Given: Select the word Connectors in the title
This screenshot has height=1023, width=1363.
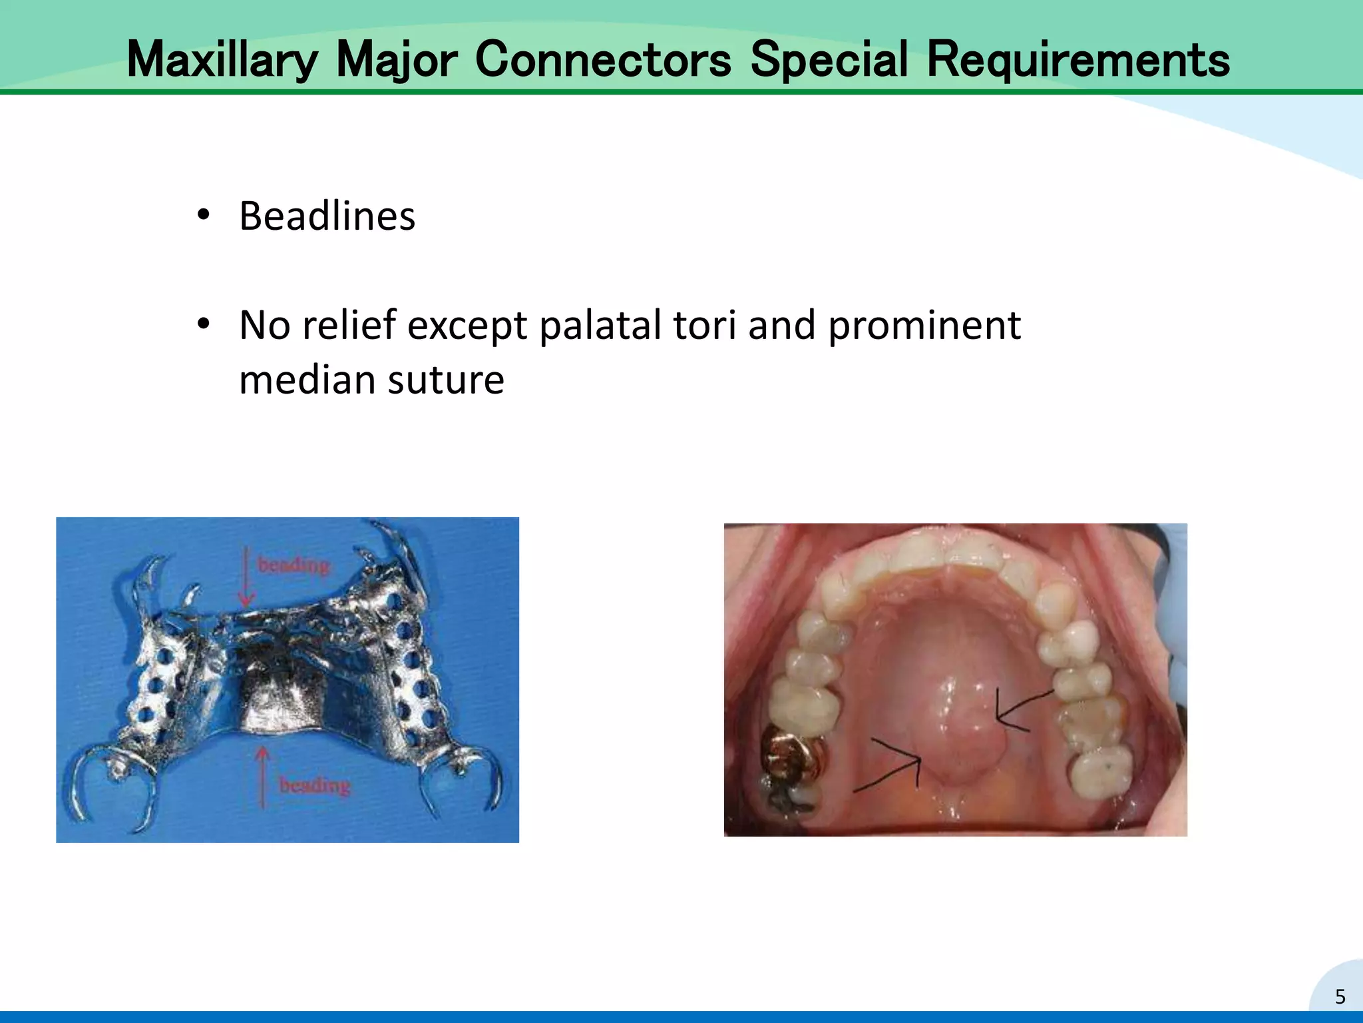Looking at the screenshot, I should [603, 60].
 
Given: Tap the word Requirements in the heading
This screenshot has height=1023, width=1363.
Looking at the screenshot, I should [1077, 60].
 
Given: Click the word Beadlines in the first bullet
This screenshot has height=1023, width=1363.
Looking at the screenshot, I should [327, 216].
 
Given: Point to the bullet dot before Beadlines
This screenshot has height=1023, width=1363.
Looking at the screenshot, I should [204, 215].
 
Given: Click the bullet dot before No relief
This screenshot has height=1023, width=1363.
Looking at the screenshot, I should [204, 324].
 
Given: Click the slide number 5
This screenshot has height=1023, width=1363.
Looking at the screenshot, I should [1340, 997].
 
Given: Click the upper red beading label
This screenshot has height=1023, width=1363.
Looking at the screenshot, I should [293, 565].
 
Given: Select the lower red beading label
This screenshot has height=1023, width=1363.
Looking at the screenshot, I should [314, 785].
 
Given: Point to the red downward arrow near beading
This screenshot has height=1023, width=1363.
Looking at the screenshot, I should [246, 576].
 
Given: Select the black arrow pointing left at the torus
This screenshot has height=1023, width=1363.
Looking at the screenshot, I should [1022, 710].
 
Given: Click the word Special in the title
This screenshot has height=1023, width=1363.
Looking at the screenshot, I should [829, 60].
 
